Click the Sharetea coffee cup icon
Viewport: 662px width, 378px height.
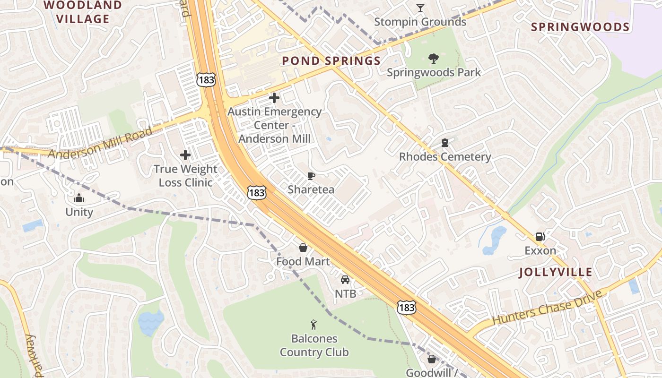[x=311, y=176]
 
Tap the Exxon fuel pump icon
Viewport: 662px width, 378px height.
[x=540, y=237]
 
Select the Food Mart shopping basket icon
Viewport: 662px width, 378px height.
[x=303, y=248]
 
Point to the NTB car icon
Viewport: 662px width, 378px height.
[x=345, y=280]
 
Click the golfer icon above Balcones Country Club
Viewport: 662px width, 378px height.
[x=314, y=325]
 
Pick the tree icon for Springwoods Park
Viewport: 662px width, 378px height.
[x=433, y=59]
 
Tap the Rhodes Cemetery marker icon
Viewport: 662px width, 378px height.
[x=444, y=143]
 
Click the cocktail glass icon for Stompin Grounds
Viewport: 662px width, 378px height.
[x=420, y=8]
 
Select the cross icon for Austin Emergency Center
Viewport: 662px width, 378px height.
[x=274, y=98]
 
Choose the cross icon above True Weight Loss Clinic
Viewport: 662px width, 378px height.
[x=185, y=155]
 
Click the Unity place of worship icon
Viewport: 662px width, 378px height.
[x=79, y=198]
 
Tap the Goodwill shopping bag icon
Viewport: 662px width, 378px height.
[x=431, y=359]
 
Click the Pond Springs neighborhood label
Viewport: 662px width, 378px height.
[x=331, y=61]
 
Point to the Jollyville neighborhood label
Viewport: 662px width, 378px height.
[x=555, y=272]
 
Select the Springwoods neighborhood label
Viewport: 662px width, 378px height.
[x=580, y=27]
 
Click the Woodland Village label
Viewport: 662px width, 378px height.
[x=83, y=12]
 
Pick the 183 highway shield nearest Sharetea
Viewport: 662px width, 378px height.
[x=256, y=192]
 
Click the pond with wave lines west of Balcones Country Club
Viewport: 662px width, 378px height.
[x=151, y=323]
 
